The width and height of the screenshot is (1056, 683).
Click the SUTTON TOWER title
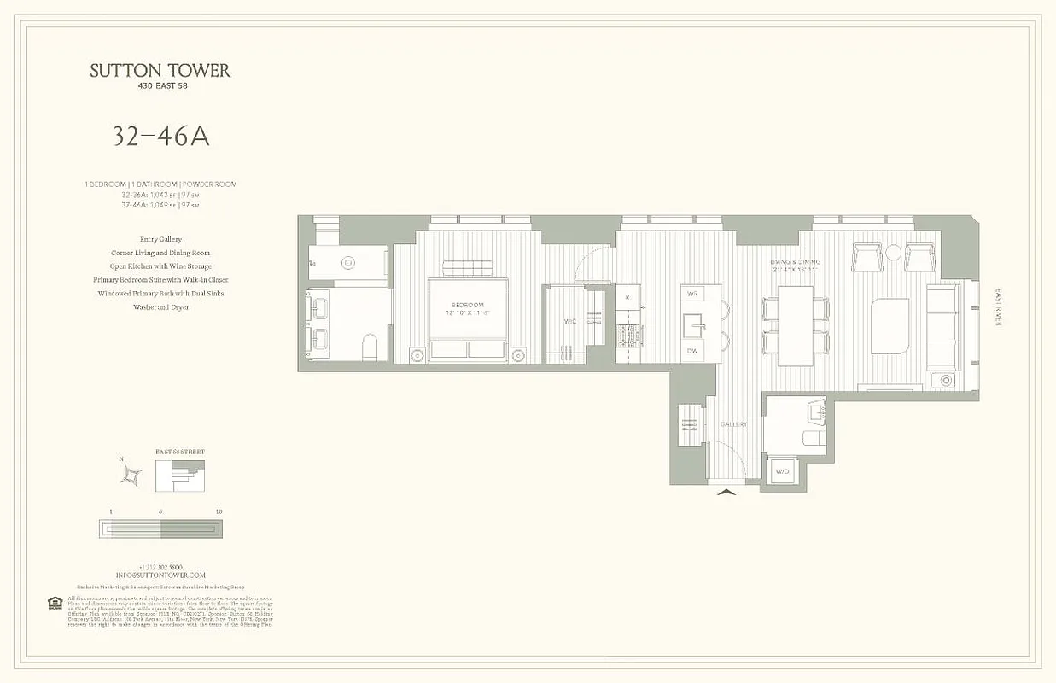click(160, 70)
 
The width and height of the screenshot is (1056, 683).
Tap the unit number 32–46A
click(160, 137)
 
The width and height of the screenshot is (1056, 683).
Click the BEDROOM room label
click(468, 305)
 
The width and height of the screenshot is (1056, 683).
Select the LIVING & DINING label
click(795, 261)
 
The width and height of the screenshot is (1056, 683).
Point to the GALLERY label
click(733, 424)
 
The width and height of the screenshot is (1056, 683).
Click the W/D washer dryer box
click(782, 471)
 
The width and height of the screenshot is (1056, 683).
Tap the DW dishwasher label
click(693, 351)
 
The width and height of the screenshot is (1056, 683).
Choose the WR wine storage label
click(693, 294)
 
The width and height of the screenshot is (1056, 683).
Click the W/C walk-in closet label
click(569, 323)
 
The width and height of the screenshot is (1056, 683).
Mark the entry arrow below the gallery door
click(726, 492)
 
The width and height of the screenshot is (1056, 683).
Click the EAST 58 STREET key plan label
click(180, 452)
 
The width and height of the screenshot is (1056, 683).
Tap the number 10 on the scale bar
click(219, 511)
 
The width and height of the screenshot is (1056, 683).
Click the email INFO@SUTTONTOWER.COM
click(160, 575)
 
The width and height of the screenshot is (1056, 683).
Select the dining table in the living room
click(796, 324)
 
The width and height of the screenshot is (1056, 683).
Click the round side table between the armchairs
click(893, 252)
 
